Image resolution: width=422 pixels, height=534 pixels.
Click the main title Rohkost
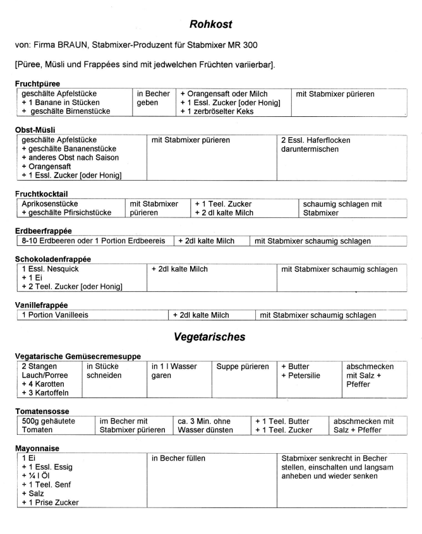tap(211, 25)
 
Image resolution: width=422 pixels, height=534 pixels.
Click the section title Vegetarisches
tap(211, 337)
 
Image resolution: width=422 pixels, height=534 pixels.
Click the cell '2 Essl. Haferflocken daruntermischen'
tap(315, 144)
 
